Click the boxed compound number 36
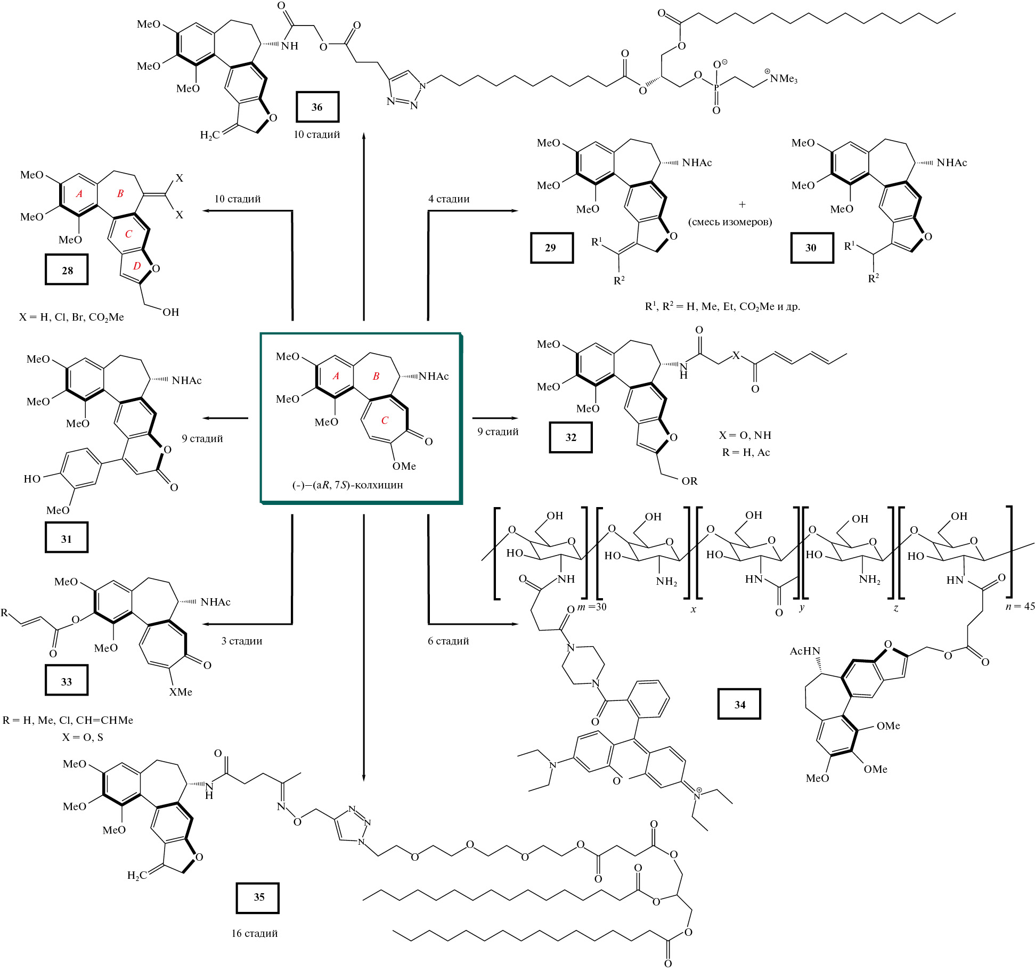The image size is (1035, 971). pos(317,107)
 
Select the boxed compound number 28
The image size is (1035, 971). pos(67,270)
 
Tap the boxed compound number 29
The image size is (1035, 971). pos(551,248)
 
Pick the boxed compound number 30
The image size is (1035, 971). pos(811,248)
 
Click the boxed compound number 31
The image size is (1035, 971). pos(67,538)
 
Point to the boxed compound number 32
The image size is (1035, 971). pos(571,437)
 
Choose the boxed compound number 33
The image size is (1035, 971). pos(67,681)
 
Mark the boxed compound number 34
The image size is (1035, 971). pos(739,705)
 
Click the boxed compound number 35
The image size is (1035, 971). pos(259,897)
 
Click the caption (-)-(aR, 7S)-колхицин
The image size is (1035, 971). pos(347,485)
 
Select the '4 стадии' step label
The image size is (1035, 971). pos(449,199)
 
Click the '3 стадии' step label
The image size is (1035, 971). pos(242,641)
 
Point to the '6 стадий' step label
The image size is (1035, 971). pos(448,641)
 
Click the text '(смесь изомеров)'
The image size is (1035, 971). pos(730,222)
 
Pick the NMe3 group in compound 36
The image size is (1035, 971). pos(783,79)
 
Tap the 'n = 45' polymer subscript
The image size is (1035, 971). pos(1020,606)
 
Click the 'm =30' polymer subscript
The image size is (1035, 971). pos(591,607)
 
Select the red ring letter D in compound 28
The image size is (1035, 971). pos(137,265)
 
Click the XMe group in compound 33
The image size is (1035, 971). pos(181,692)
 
